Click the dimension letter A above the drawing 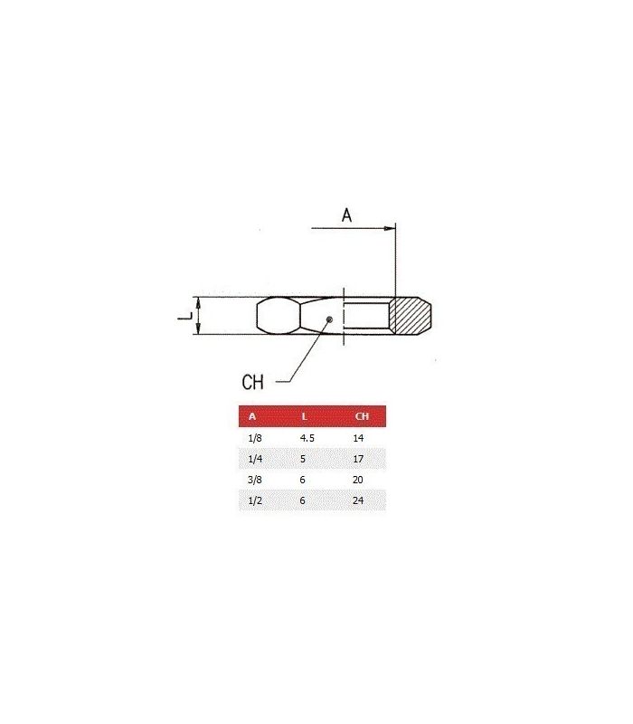346,215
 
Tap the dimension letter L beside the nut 185,316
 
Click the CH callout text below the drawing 252,382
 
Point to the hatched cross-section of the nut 411,316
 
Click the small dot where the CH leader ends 329,319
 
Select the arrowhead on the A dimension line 390,228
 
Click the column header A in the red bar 252,416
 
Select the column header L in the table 304,416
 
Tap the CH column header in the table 362,416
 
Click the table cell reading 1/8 255,438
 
